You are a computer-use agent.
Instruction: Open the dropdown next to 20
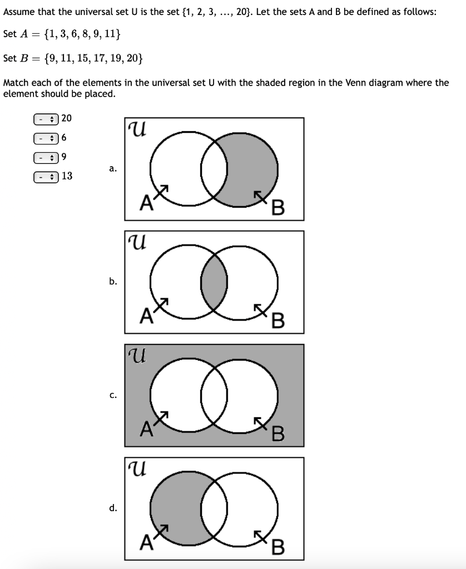click(46, 118)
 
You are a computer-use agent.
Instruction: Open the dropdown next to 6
click(46, 137)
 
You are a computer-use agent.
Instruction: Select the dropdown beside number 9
click(46, 157)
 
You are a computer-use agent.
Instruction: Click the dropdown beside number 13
click(46, 177)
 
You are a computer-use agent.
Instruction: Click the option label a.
click(113, 168)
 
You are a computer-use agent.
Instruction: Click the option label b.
click(113, 281)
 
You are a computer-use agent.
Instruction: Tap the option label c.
click(113, 395)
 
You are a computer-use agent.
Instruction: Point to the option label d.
click(113, 508)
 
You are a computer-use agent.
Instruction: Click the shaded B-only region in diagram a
click(254, 167)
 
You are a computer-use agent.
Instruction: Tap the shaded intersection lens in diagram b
click(214, 282)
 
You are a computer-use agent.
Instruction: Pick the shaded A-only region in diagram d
click(176, 508)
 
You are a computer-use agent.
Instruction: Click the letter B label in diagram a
click(278, 208)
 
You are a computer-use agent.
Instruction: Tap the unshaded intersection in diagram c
click(214, 395)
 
